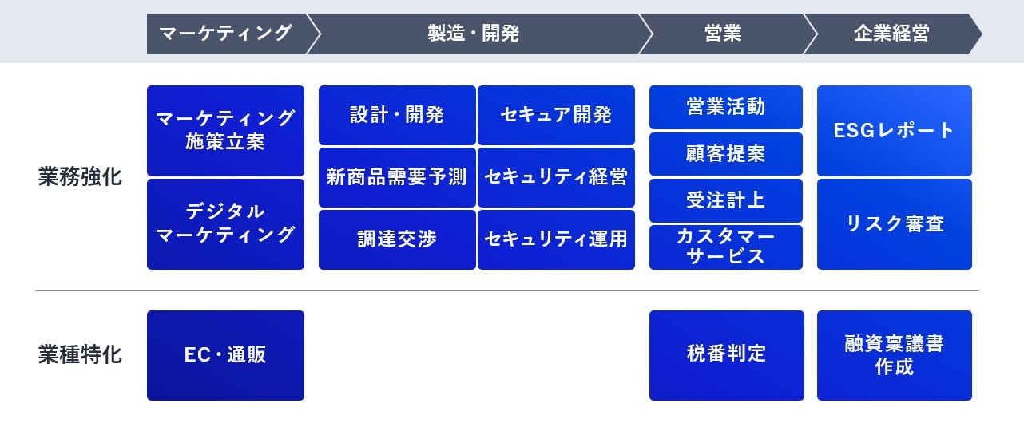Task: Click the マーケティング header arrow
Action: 226,34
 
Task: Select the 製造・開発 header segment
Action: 474,34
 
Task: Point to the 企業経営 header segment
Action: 891,34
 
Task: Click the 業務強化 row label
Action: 80,177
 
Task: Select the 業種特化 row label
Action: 80,354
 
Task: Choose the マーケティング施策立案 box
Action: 225,130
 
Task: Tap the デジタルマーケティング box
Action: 225,223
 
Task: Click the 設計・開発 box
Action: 397,115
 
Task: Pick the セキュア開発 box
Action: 556,115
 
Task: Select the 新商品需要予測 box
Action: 397,177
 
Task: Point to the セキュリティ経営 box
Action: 556,177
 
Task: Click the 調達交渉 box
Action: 397,239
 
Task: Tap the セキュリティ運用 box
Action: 556,239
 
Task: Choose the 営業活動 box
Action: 725,107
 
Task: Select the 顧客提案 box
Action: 725,153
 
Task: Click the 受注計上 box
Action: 725,200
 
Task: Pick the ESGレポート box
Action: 894,130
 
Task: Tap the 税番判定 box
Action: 726,354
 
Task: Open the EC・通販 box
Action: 225,354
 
